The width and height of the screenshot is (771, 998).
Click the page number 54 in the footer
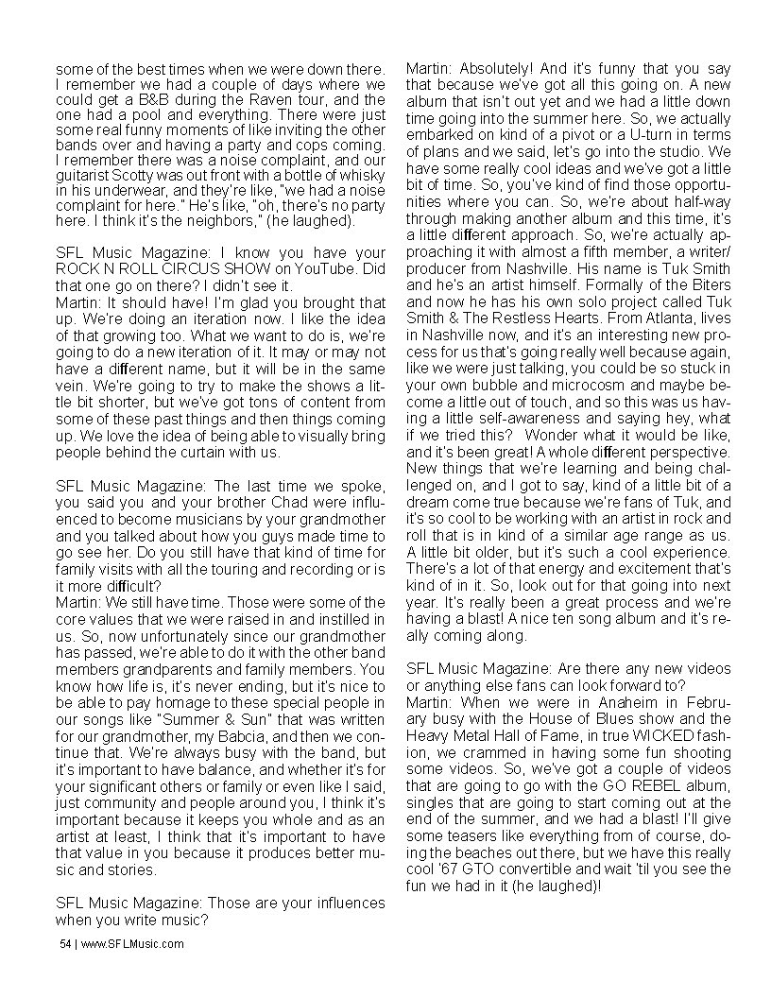coord(63,943)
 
